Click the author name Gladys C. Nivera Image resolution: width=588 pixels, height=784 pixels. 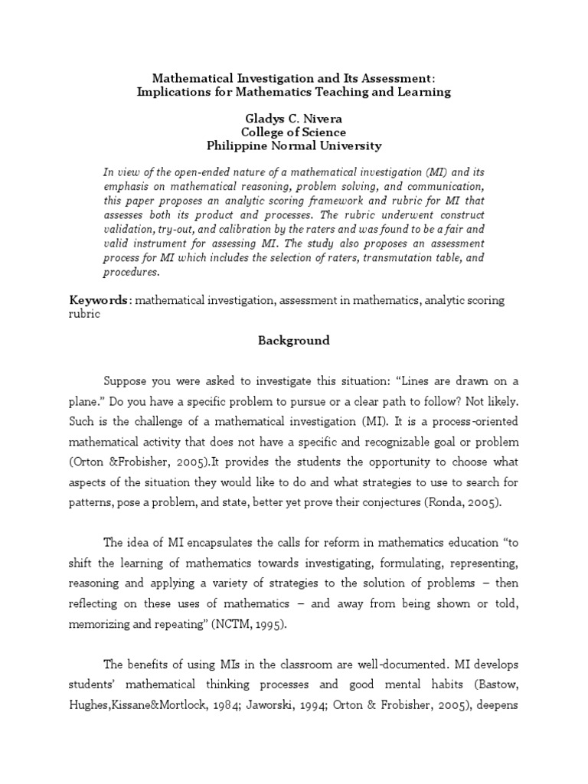294,119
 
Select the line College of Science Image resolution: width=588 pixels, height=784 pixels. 294,132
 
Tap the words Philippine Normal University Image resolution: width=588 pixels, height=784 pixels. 294,145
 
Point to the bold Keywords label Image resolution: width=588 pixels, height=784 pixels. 100,301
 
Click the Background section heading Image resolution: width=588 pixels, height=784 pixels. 293,341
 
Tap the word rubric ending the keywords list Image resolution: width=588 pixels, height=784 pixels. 85,314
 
